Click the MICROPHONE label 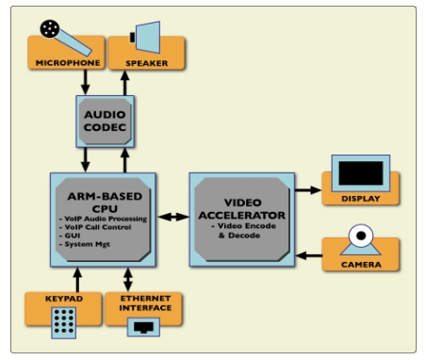68,63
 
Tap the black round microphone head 50,29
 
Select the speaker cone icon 145,37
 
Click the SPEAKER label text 147,63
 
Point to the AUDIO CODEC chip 105,122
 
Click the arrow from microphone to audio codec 85,82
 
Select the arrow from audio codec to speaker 125,83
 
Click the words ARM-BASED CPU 105,203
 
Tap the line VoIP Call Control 95,227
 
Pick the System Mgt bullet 85,244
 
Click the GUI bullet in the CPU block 70,236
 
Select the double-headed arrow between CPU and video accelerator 172,217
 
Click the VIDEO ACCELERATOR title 242,209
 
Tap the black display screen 361,173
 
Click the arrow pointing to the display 308,190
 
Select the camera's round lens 361,236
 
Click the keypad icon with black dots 64,322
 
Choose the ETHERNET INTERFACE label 145,303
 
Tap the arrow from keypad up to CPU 77,280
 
